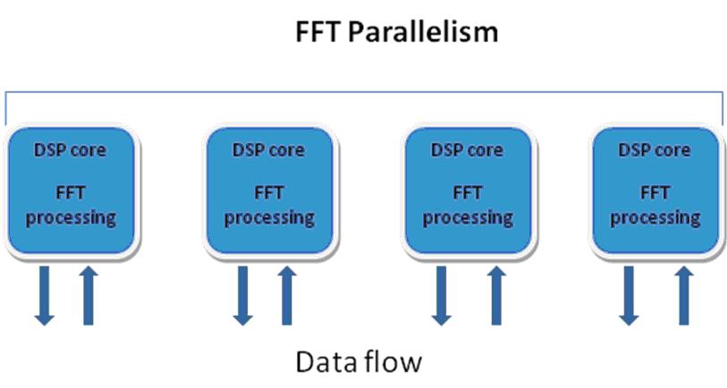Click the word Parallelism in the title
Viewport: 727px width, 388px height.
pos(422,32)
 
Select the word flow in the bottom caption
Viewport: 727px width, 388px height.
pos(393,361)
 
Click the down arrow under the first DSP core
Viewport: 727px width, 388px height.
pos(45,296)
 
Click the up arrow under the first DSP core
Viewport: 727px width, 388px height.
pos(89,296)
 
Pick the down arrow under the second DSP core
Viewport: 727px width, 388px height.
pos(242,296)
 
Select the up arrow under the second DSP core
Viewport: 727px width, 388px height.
pos(286,296)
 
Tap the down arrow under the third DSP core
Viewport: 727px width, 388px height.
pos(441,296)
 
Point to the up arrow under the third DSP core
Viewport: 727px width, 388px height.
pos(496,296)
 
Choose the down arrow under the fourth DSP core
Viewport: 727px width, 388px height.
pos(629,296)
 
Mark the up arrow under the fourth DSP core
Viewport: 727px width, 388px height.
pos(684,296)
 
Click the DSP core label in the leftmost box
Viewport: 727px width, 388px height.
pos(70,150)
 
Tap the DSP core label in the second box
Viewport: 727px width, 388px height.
pos(268,150)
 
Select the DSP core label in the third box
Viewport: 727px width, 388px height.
pos(467,150)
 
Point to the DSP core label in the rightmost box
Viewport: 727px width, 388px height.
pos(655,150)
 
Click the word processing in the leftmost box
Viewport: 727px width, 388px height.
pos(71,218)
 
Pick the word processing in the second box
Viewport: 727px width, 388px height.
pos(269,218)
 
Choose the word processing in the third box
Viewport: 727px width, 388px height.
pos(468,218)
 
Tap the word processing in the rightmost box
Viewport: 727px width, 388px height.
pos(655,218)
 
